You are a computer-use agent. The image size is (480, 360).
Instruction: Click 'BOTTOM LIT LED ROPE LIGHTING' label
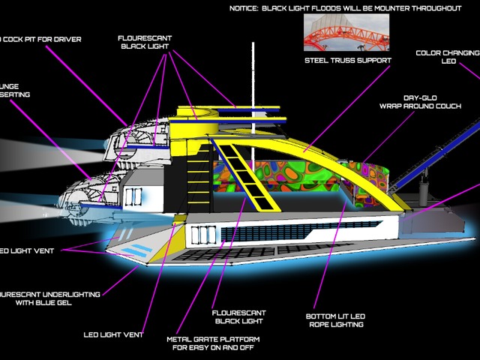click(340, 320)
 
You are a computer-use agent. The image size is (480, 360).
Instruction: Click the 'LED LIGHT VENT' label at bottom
click(112, 334)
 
